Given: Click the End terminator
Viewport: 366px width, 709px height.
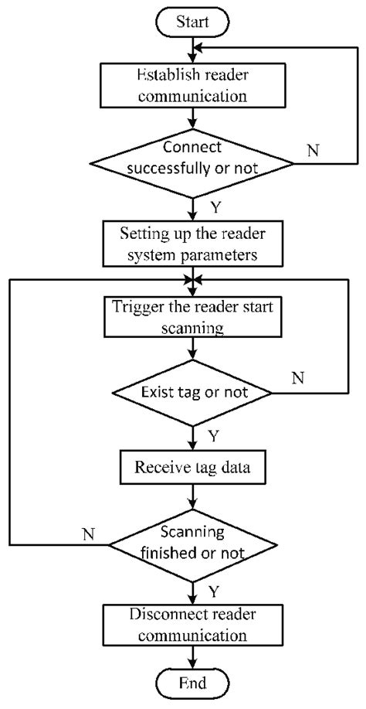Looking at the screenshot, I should pyautogui.click(x=192, y=683).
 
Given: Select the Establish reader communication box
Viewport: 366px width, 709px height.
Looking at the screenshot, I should pyautogui.click(x=192, y=87).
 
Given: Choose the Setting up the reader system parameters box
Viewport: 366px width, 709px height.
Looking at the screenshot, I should pyautogui.click(x=192, y=243).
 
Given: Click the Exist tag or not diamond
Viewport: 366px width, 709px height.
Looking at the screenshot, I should pyautogui.click(x=192, y=393).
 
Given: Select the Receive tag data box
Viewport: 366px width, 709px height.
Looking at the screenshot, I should pyautogui.click(x=192, y=467).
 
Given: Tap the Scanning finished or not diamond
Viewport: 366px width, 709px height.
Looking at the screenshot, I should pyautogui.click(x=192, y=544).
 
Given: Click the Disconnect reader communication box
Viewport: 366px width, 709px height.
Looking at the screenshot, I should pyautogui.click(x=192, y=624).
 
